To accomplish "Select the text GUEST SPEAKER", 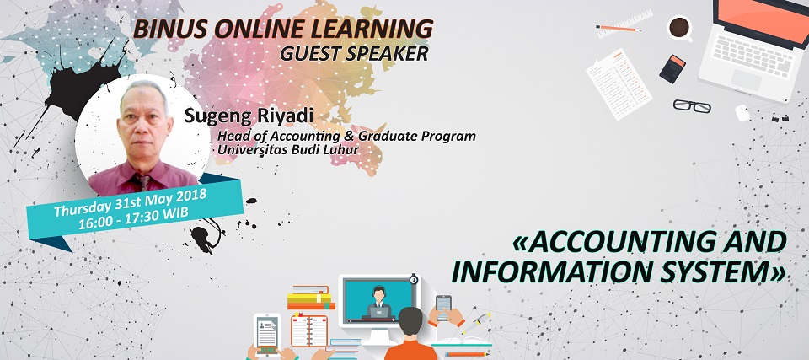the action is pos(354,53).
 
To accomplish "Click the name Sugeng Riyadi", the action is pos(249,116).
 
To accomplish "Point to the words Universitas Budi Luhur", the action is pos(288,150).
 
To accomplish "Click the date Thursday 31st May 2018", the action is pos(131,202).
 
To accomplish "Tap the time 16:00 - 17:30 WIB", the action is pos(134,218).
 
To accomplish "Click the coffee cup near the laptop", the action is pos(679,28).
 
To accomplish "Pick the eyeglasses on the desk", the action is pos(692,106).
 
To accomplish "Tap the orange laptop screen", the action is pos(763,17).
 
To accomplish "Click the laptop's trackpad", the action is pos(746,81).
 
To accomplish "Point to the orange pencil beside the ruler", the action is pos(619,28).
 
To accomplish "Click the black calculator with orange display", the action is pos(672,68).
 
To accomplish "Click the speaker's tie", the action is pos(143,182).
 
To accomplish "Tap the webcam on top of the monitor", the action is pos(413,279).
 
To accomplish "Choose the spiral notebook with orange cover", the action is pos(309,330).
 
